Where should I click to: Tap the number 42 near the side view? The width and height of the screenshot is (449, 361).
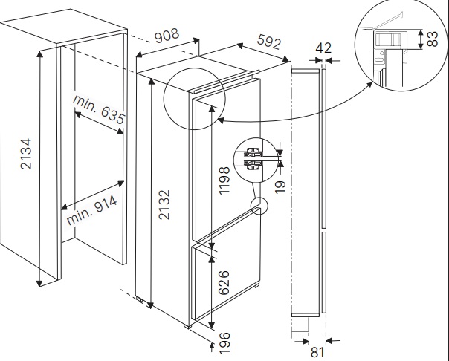point(323,48)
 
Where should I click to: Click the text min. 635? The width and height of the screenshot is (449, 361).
point(97,108)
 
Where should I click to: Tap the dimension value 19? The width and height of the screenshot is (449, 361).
point(280,183)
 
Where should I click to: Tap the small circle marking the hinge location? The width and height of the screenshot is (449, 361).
point(259,206)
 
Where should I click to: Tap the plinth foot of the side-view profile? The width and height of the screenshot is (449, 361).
point(300,324)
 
